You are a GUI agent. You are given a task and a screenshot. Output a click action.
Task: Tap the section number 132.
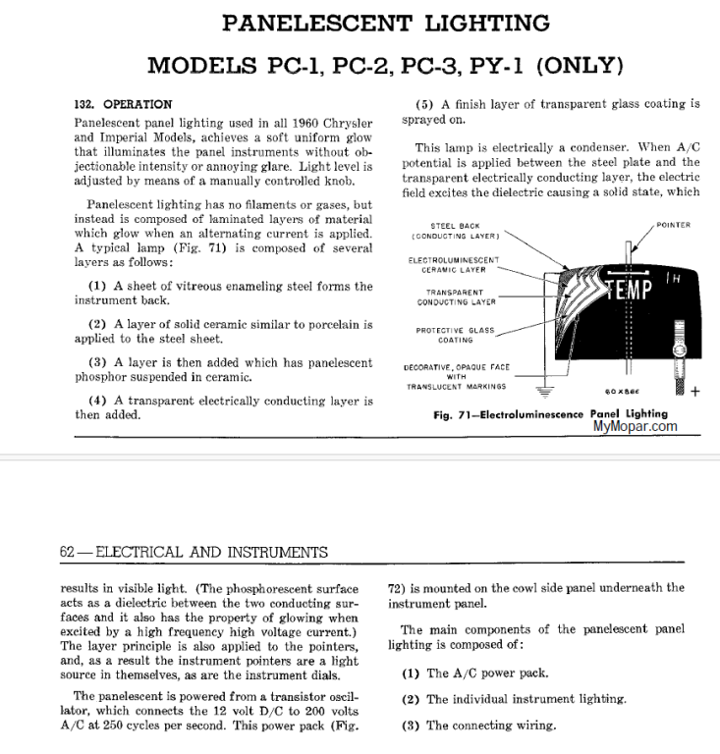tap(86, 104)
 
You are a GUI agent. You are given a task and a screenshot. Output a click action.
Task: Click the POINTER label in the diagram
tap(673, 225)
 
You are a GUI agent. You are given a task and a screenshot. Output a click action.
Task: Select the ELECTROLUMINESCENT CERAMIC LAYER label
tap(453, 264)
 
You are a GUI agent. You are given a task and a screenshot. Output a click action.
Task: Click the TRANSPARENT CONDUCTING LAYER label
tap(456, 297)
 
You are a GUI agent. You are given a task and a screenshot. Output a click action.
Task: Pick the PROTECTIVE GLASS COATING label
tap(455, 335)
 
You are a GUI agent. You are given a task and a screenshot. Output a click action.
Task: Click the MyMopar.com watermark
tap(635, 426)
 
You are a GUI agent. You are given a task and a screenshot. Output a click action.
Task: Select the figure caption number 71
tap(468, 414)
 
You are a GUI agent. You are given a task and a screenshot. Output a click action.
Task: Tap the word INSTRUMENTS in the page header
tap(274, 553)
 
